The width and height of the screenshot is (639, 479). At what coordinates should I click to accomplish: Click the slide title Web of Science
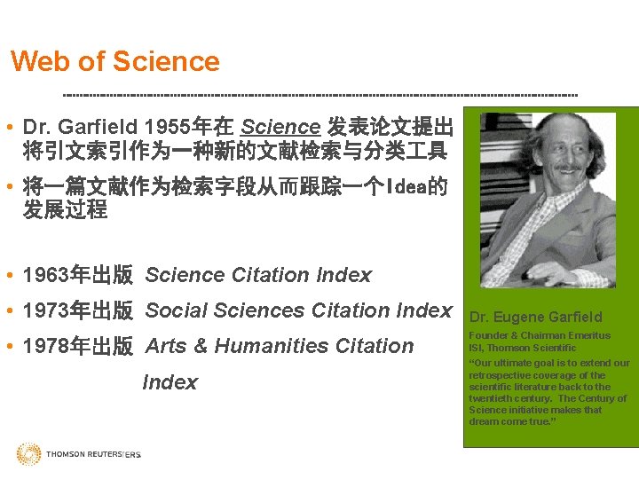pos(114,61)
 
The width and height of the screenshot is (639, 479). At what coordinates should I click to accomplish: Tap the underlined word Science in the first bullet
pos(280,127)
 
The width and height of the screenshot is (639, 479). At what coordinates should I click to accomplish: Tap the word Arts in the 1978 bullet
pos(167,346)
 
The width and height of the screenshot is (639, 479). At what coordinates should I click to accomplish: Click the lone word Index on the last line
pos(170,382)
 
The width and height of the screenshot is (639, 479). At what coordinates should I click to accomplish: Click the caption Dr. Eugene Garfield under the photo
pos(535,317)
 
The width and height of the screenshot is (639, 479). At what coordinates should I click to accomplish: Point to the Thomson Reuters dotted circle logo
pos(28,454)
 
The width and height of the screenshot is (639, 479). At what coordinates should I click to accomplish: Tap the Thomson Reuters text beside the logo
pos(92,454)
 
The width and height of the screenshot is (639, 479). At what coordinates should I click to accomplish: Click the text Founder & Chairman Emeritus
pos(539,335)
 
